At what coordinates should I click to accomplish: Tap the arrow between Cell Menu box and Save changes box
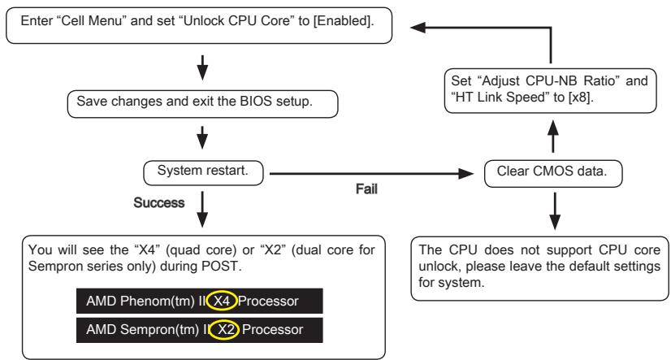[201, 64]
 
